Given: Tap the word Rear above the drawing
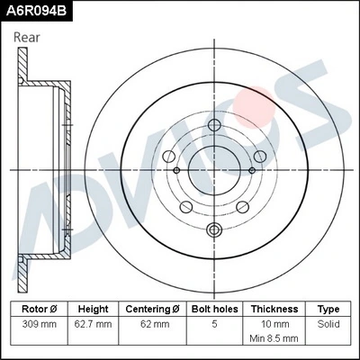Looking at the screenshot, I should tap(26, 37).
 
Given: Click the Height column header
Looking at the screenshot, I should tap(93, 308).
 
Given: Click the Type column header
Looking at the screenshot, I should tap(328, 308).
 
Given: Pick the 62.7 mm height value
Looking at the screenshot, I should tap(93, 322).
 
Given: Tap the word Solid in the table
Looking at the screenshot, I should tap(328, 322).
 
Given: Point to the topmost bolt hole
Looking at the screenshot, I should tap(213, 125).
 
